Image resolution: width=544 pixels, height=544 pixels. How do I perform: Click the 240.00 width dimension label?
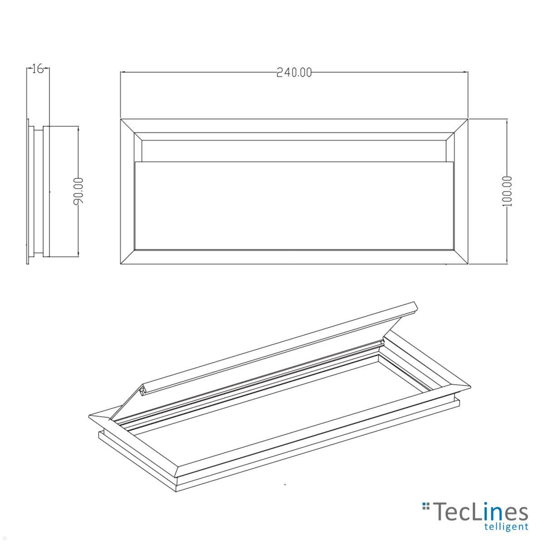click(294, 73)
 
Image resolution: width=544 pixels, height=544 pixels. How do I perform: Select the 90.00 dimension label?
click(78, 191)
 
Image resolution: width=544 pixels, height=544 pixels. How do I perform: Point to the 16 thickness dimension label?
click(38, 69)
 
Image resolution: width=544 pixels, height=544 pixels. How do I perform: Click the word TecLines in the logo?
click(481, 512)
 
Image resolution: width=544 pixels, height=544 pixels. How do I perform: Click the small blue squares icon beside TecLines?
click(425, 505)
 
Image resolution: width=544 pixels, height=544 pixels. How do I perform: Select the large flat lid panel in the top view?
click(294, 205)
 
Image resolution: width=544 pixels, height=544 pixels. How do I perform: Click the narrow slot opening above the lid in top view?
click(294, 151)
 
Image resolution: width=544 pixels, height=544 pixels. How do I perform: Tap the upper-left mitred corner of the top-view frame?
click(128, 126)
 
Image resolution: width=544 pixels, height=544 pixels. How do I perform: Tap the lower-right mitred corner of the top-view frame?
click(461, 257)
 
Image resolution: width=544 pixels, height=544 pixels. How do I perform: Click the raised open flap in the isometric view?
click(267, 349)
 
